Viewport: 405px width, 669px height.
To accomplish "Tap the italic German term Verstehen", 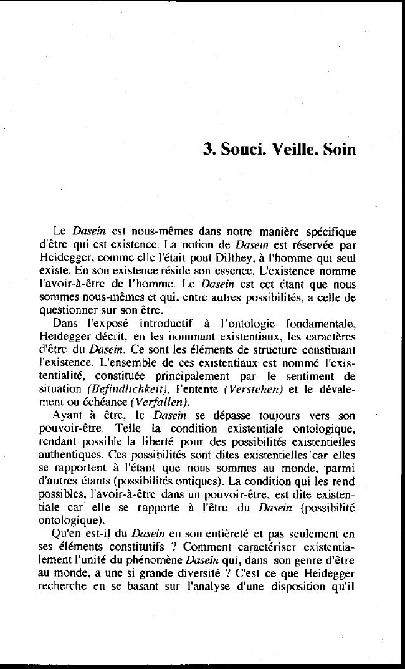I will (x=257, y=388).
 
